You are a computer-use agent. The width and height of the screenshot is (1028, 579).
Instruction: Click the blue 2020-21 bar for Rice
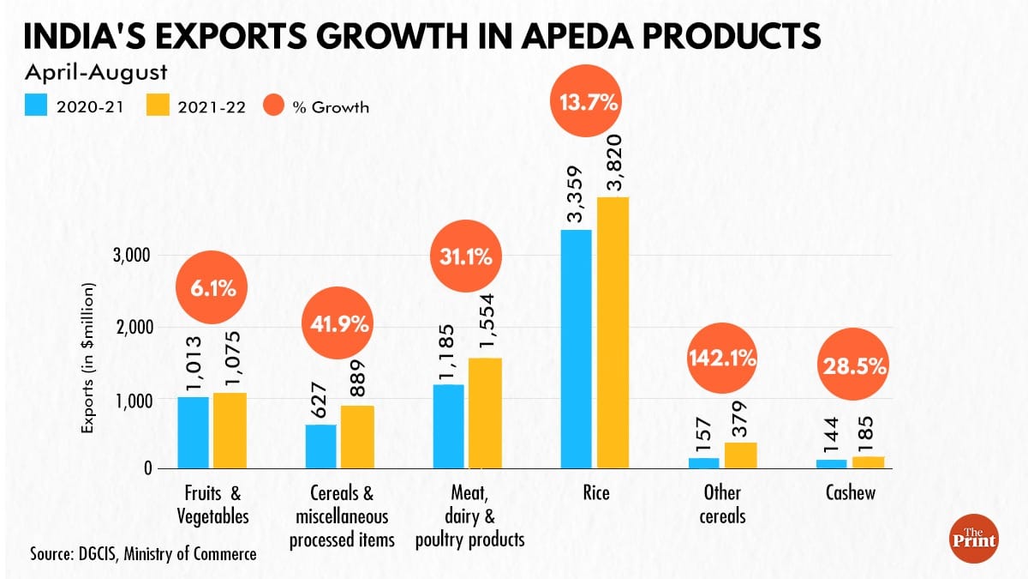[576, 349]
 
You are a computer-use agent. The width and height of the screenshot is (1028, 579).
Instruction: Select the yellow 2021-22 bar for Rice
[613, 333]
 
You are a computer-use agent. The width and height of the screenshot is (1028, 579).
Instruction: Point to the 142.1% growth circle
[722, 359]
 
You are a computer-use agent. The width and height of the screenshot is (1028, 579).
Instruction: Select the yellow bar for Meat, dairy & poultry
[486, 413]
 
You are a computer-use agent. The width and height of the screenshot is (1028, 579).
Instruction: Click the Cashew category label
[851, 493]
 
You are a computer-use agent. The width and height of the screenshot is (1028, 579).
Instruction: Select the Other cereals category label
[722, 504]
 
